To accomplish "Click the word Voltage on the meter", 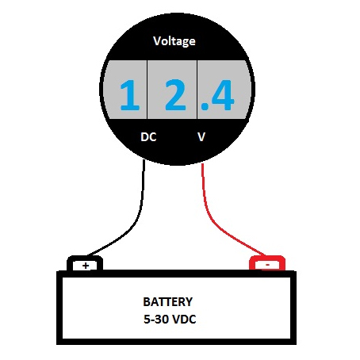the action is coord(174,41).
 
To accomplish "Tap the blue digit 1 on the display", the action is coord(130,95).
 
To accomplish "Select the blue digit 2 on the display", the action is coord(175,95).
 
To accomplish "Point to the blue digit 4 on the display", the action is coord(222,95).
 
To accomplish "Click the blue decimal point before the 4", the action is coord(204,106).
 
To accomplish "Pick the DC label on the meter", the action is coord(148,137).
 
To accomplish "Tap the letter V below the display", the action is coord(201,137).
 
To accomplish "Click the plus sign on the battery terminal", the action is coord(86,266).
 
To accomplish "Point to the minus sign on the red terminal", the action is coord(267,265).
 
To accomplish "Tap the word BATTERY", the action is coord(168,302).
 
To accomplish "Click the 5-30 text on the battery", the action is coord(156,320).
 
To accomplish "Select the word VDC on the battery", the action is coord(184,320).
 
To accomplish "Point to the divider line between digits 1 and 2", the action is coord(147,90).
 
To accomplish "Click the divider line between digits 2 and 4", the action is coord(197,90).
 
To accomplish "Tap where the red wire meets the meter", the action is coord(202,164).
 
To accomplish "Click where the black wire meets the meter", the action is coord(144,159).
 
